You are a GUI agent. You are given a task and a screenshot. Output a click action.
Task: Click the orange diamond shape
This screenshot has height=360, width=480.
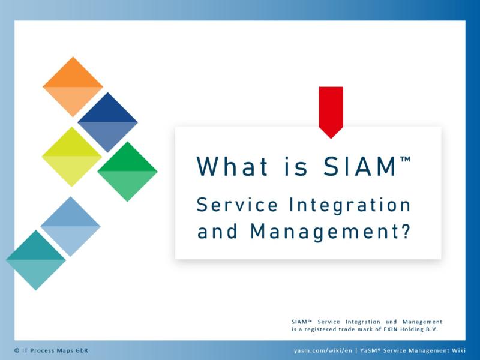[73, 86]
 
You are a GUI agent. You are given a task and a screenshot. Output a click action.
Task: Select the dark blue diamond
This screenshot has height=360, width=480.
[108, 122]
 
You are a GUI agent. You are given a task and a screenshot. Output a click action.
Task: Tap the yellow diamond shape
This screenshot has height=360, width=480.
[71, 157]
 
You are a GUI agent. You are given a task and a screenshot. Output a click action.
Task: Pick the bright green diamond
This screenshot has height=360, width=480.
[127, 172]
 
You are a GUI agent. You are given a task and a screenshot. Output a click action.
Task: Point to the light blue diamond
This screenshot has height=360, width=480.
[70, 227]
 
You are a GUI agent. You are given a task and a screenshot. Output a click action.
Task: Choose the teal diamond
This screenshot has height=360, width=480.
[36, 260]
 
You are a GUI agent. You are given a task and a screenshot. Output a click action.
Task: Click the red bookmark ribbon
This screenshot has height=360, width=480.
[331, 112]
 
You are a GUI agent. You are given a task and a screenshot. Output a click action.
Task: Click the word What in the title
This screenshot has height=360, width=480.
[233, 166]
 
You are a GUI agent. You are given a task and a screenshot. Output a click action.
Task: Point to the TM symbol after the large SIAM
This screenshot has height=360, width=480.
[405, 159]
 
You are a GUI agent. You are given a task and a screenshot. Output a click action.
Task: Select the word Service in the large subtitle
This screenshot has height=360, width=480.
[237, 205]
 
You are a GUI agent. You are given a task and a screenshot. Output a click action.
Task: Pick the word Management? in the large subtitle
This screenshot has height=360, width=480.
[330, 232]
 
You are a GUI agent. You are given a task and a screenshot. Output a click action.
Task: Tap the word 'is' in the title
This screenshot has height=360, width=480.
[296, 167]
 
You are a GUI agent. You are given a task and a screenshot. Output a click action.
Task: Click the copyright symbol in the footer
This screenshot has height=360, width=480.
[17, 350]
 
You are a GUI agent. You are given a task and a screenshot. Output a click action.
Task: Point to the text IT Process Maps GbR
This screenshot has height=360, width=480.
[55, 350]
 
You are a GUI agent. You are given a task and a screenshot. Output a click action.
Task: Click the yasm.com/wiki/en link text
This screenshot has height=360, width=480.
[323, 351]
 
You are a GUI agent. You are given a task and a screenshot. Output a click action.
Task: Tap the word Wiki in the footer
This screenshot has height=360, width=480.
[458, 350]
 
